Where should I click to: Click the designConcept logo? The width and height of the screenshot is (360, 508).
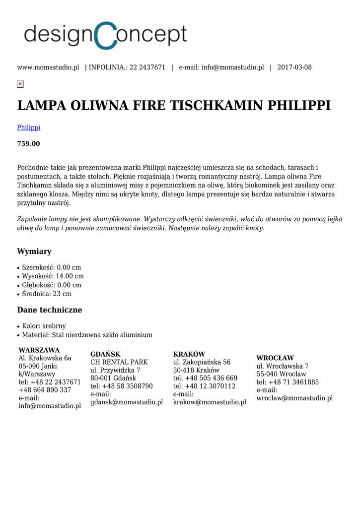coord(105,35)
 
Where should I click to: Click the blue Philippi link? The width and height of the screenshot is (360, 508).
coord(29,127)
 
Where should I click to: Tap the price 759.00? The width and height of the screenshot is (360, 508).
coord(29,144)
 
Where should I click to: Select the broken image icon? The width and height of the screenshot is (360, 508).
coord(20,84)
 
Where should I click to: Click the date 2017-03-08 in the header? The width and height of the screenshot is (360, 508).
coord(294,67)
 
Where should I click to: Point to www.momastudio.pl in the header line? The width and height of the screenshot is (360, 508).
coord(48,67)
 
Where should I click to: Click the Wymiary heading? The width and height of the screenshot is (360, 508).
coord(34,252)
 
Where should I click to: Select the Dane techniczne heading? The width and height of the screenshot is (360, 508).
coord(50,310)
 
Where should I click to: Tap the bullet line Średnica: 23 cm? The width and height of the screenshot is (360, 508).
coord(47,294)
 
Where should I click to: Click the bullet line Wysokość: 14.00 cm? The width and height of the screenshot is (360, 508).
coord(53,276)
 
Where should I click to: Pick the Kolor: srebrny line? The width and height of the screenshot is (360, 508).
coord(44,326)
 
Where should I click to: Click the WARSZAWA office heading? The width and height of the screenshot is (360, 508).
coord(39,350)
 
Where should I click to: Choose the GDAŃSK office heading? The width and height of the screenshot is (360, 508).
coord(105,354)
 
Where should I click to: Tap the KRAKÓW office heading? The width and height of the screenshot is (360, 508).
coord(189,354)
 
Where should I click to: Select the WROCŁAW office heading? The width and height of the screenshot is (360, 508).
coord(275,358)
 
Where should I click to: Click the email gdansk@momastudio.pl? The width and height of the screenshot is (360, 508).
coord(127,402)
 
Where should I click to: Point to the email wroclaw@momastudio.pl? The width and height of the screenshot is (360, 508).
coord(294,398)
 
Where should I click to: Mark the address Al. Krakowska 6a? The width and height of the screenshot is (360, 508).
coord(45,358)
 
